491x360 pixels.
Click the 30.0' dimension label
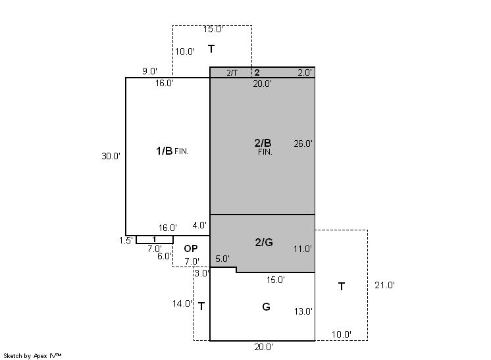[111, 156]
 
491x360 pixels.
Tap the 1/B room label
[165, 151]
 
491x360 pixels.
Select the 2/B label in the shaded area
[263, 143]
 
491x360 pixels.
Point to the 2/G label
[264, 242]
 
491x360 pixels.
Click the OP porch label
[191, 249]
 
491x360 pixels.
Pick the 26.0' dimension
[303, 143]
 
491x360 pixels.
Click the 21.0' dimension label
[384, 285]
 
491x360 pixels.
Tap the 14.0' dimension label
[182, 303]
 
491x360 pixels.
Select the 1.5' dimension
[126, 240]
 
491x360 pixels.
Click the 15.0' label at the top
[213, 29]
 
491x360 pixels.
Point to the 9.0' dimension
[149, 71]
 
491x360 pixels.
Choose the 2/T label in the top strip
[232, 73]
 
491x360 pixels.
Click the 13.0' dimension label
[303, 311]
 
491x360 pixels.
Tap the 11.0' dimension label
[303, 249]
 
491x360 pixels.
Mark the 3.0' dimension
[201, 273]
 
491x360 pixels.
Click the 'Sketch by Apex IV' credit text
[32, 356]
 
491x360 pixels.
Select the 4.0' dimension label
[199, 225]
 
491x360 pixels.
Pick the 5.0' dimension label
[222, 259]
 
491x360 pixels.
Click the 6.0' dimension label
[165, 256]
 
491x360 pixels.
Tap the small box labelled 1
[155, 240]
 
